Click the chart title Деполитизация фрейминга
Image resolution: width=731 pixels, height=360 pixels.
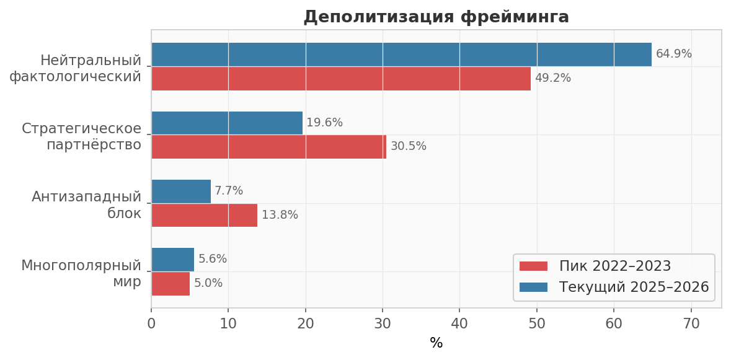[x=436, y=17]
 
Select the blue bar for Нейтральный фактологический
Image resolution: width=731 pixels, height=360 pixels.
[x=401, y=55]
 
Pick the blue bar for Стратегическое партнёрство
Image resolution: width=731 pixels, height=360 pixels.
[x=227, y=123]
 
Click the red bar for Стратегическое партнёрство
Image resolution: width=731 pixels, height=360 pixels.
[x=269, y=147]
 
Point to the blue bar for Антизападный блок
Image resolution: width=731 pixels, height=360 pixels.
[x=181, y=191]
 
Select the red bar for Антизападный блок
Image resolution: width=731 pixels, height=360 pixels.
[x=205, y=215]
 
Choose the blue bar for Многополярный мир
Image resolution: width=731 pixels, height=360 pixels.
[x=173, y=260]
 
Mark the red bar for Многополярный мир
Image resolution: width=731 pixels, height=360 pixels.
[x=171, y=283]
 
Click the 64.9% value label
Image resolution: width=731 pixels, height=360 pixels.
[x=674, y=54]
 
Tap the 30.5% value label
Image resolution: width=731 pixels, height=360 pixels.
[x=409, y=146]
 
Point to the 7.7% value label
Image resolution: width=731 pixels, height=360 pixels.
[x=229, y=191]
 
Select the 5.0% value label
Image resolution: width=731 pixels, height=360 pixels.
[x=208, y=283]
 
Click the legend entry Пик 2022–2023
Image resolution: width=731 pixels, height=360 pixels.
[x=595, y=266]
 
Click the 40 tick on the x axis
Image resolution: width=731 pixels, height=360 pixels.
[x=459, y=323]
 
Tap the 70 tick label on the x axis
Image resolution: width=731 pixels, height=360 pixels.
[x=691, y=323]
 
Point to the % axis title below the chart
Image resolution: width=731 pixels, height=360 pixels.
[x=436, y=344]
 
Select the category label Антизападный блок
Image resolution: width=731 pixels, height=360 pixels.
[x=87, y=205]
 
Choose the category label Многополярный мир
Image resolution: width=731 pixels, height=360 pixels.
[x=81, y=273]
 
